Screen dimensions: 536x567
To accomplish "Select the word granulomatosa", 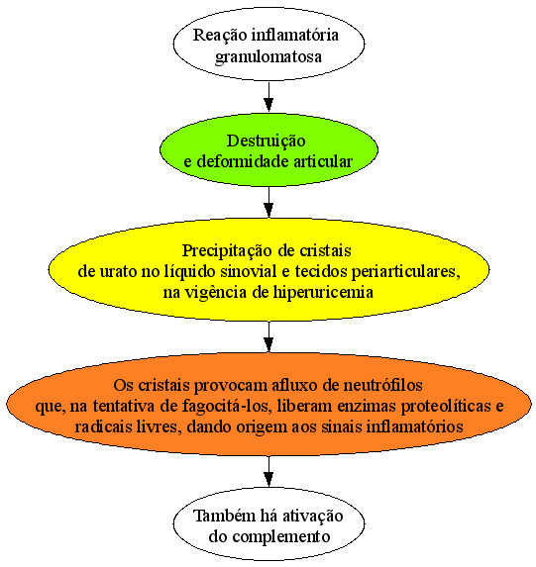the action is [x=268, y=57].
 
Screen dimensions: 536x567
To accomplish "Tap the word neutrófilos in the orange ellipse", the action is [x=382, y=386].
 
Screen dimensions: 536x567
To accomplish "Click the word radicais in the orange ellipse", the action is [x=104, y=427].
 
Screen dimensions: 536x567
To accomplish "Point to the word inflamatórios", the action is [x=415, y=427].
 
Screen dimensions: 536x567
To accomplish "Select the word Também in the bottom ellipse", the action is [x=224, y=517].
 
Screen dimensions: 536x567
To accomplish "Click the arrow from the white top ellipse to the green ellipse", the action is [x=268, y=97].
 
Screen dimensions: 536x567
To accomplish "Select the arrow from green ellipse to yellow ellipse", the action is [x=268, y=202].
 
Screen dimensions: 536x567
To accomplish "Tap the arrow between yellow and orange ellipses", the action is [x=268, y=337].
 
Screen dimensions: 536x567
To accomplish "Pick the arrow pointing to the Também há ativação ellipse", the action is [x=268, y=472].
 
